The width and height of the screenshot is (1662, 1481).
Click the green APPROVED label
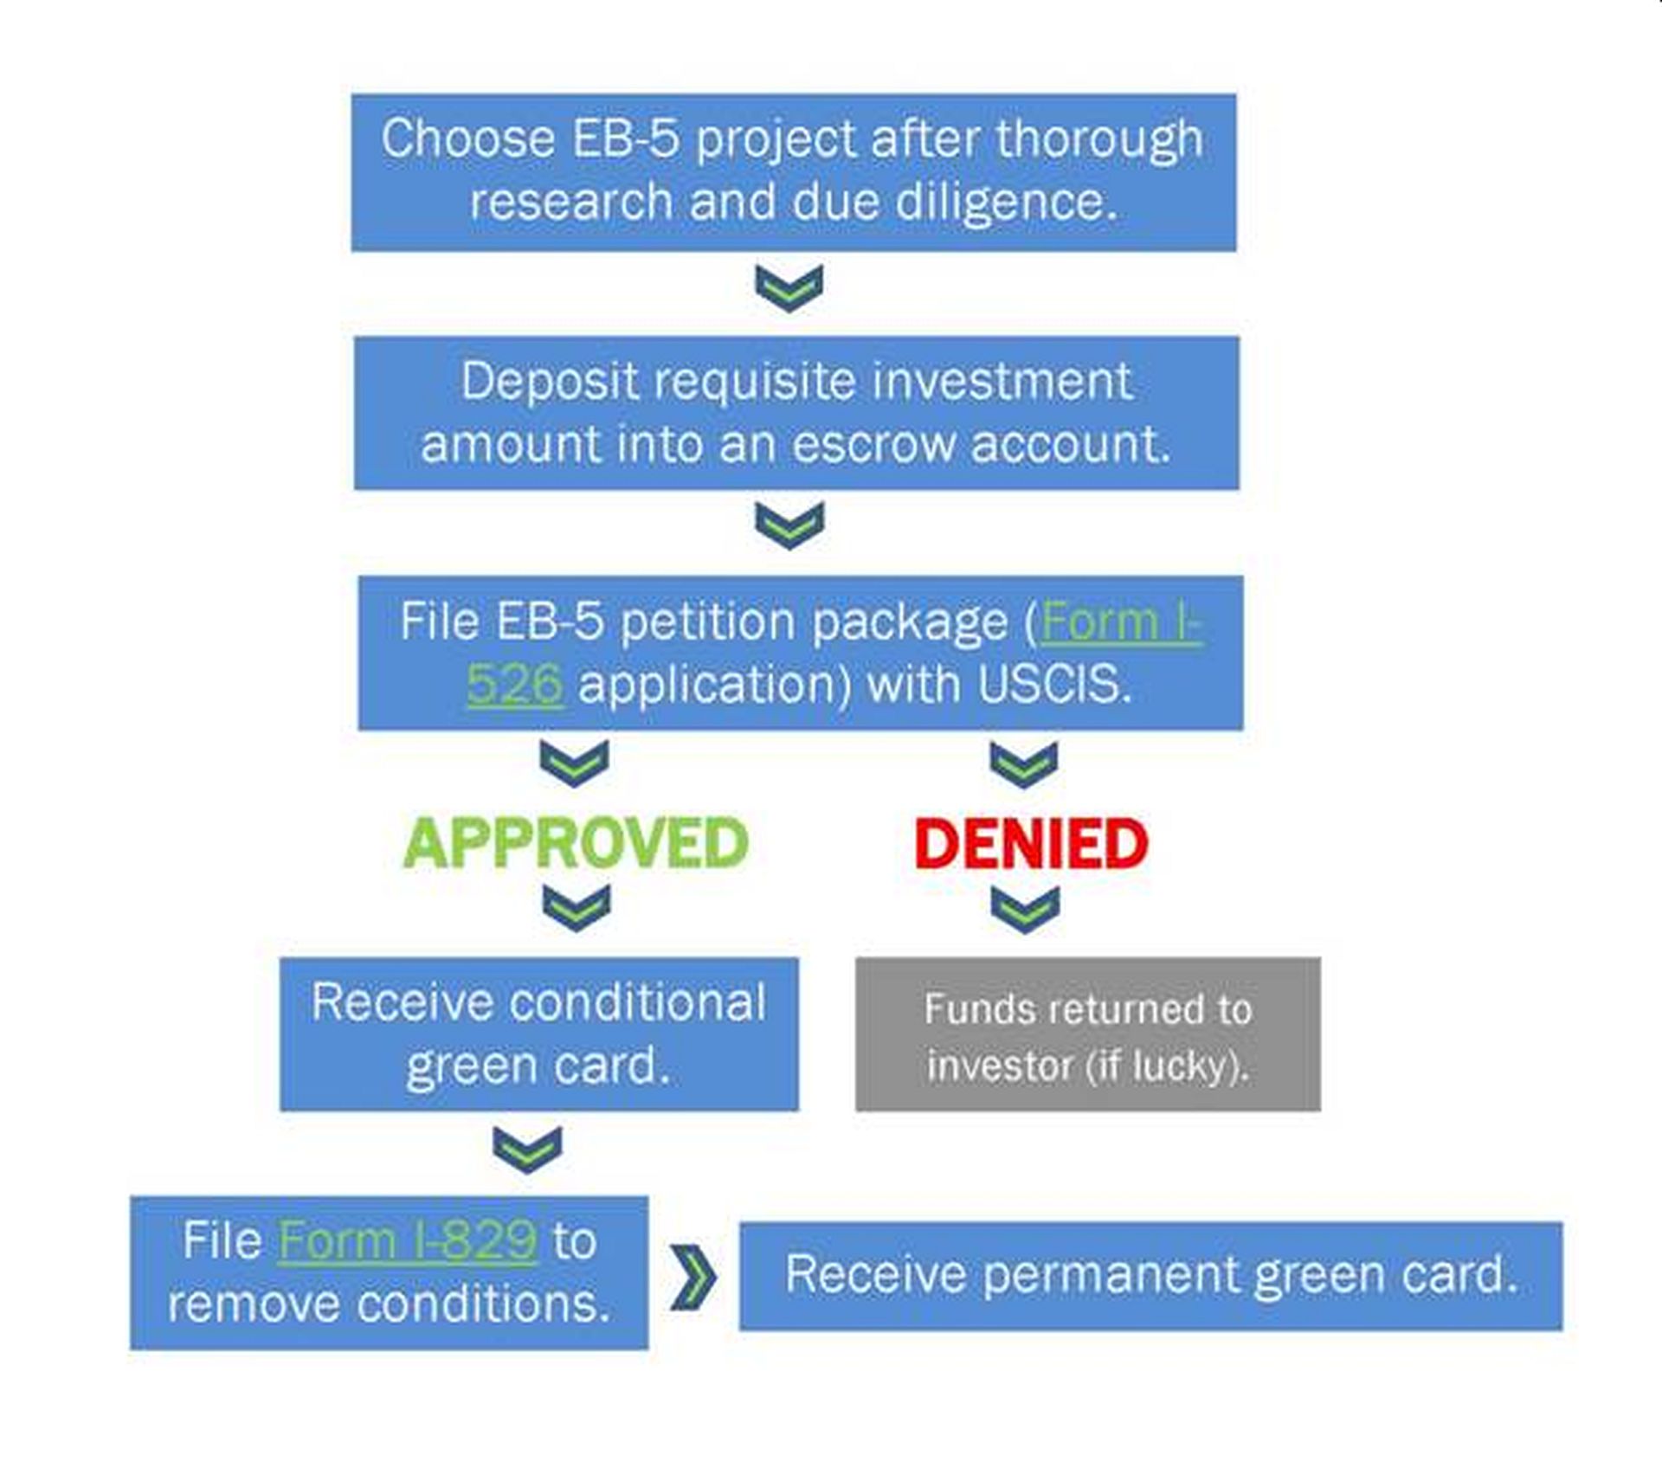click(576, 843)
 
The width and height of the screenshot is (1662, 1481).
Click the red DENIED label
click(1031, 843)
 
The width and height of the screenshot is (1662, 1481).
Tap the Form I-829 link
click(408, 1240)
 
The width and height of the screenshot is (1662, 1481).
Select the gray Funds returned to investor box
click(1087, 1033)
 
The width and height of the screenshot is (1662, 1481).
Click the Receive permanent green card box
click(1150, 1275)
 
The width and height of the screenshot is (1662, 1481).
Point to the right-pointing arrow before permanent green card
click(693, 1277)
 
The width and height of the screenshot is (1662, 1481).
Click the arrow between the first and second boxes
click(789, 287)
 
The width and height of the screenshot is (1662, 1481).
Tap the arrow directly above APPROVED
click(574, 763)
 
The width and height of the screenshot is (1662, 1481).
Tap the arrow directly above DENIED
click(1024, 763)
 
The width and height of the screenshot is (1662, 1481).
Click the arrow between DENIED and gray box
click(1025, 909)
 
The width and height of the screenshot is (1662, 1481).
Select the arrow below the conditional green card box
click(527, 1149)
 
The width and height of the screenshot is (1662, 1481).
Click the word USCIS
click(1054, 686)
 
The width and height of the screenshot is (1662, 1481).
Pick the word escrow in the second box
click(873, 445)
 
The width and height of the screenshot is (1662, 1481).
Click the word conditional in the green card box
click(638, 1002)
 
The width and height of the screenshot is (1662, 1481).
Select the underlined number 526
click(515, 686)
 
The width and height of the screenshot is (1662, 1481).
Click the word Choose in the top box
click(467, 138)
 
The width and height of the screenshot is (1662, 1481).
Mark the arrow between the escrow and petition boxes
click(789, 525)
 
